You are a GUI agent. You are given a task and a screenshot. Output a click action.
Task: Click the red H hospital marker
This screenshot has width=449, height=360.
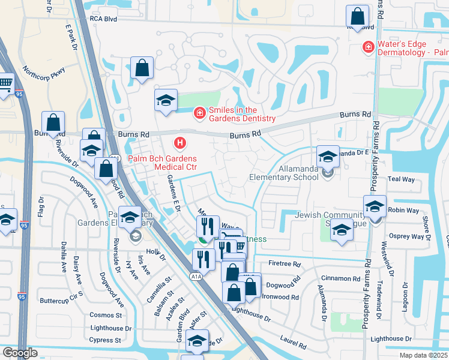coord(179,143)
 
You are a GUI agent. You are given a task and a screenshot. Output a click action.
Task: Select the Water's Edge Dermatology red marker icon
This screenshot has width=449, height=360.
coord(367,46)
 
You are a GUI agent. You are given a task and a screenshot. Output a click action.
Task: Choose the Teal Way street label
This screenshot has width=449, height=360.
coord(402,179)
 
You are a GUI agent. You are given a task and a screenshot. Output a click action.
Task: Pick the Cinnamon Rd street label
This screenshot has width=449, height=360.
coord(355,278)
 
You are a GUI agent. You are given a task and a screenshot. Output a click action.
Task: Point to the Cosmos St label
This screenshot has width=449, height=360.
coord(105,315)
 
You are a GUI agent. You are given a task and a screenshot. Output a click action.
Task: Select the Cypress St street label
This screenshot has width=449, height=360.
coord(105,340)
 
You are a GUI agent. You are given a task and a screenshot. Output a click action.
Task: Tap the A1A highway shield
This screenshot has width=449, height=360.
coord(196,277)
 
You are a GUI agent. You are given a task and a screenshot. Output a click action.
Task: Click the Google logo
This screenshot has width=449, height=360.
coord(20,353)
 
